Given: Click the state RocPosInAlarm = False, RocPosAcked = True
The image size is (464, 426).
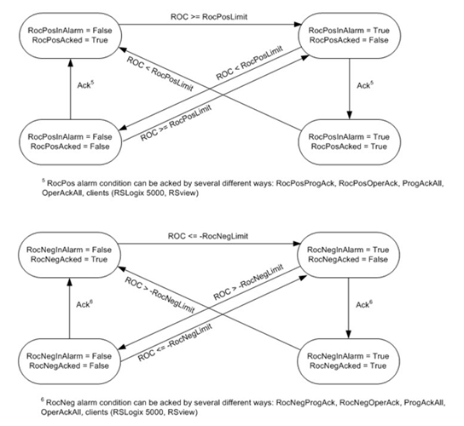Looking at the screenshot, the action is [x=70, y=36].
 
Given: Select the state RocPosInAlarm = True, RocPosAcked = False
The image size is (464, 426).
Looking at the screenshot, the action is [x=349, y=36].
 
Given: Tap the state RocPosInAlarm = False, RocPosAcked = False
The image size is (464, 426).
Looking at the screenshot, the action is [x=70, y=142].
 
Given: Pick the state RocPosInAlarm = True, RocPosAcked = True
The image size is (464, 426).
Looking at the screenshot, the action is [x=349, y=142].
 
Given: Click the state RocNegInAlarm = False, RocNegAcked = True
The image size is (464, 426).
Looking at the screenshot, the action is [x=69, y=255].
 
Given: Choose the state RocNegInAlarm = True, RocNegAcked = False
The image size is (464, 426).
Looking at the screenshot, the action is [x=348, y=255].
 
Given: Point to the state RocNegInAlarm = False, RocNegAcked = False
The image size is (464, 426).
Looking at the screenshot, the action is [x=69, y=361].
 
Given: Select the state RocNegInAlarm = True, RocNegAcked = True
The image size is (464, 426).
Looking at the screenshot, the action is [x=348, y=361].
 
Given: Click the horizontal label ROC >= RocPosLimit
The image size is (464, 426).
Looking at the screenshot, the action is [x=209, y=17].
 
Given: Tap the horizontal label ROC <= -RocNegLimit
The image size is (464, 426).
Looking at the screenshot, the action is [x=208, y=236].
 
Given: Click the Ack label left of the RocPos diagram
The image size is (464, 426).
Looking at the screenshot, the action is [x=85, y=85].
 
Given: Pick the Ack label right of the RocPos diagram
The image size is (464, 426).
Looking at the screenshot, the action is [x=365, y=85].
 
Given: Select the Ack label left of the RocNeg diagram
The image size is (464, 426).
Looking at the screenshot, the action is [x=84, y=304].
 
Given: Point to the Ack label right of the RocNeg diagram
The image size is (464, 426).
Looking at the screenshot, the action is [x=364, y=304].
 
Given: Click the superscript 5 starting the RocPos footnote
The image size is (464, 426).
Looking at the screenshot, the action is [x=43, y=181].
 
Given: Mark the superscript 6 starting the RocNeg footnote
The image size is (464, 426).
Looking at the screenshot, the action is [x=43, y=400].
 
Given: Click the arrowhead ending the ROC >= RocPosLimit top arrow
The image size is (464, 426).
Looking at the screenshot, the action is [x=298, y=25].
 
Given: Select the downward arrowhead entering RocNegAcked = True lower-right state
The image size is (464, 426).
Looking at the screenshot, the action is [x=348, y=334].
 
